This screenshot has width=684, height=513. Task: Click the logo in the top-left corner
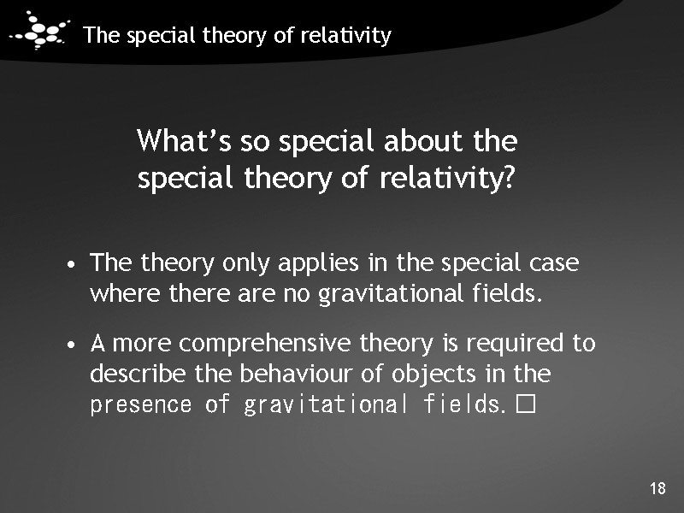point(39,32)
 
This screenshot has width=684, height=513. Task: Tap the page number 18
point(657,489)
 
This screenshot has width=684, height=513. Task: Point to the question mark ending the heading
point(509,180)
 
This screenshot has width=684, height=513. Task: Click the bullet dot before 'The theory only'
point(76,264)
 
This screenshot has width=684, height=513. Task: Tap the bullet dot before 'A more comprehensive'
point(76,345)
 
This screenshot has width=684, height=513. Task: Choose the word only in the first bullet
point(246,263)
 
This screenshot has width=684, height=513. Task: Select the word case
point(555,262)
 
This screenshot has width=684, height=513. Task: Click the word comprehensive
point(267,345)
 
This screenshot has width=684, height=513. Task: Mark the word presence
point(141,404)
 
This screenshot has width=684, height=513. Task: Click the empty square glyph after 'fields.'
point(526,404)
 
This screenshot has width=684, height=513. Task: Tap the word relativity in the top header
point(350,36)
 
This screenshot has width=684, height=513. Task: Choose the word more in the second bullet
point(144,345)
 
